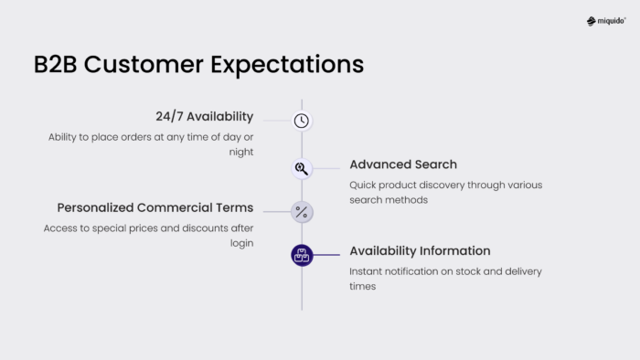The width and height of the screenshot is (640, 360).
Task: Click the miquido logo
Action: pyautogui.click(x=606, y=21)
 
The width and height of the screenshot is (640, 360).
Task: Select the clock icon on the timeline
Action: pyautogui.click(x=302, y=121)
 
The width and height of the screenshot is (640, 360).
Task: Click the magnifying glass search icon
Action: pyautogui.click(x=302, y=168)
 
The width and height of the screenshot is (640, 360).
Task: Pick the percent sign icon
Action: pyautogui.click(x=302, y=212)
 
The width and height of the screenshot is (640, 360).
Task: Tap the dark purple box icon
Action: pyautogui.click(x=302, y=256)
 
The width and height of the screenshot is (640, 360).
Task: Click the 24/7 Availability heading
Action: pyautogui.click(x=204, y=117)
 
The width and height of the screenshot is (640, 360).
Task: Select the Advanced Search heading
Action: pyautogui.click(x=403, y=164)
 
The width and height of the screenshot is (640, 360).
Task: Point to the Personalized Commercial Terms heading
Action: pyautogui.click(x=155, y=207)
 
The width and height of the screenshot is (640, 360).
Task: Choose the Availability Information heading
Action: pyautogui.click(x=420, y=250)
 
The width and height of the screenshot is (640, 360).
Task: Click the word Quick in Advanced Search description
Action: pyautogui.click(x=364, y=185)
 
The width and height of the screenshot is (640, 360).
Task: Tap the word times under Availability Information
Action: pyautogui.click(x=362, y=287)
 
